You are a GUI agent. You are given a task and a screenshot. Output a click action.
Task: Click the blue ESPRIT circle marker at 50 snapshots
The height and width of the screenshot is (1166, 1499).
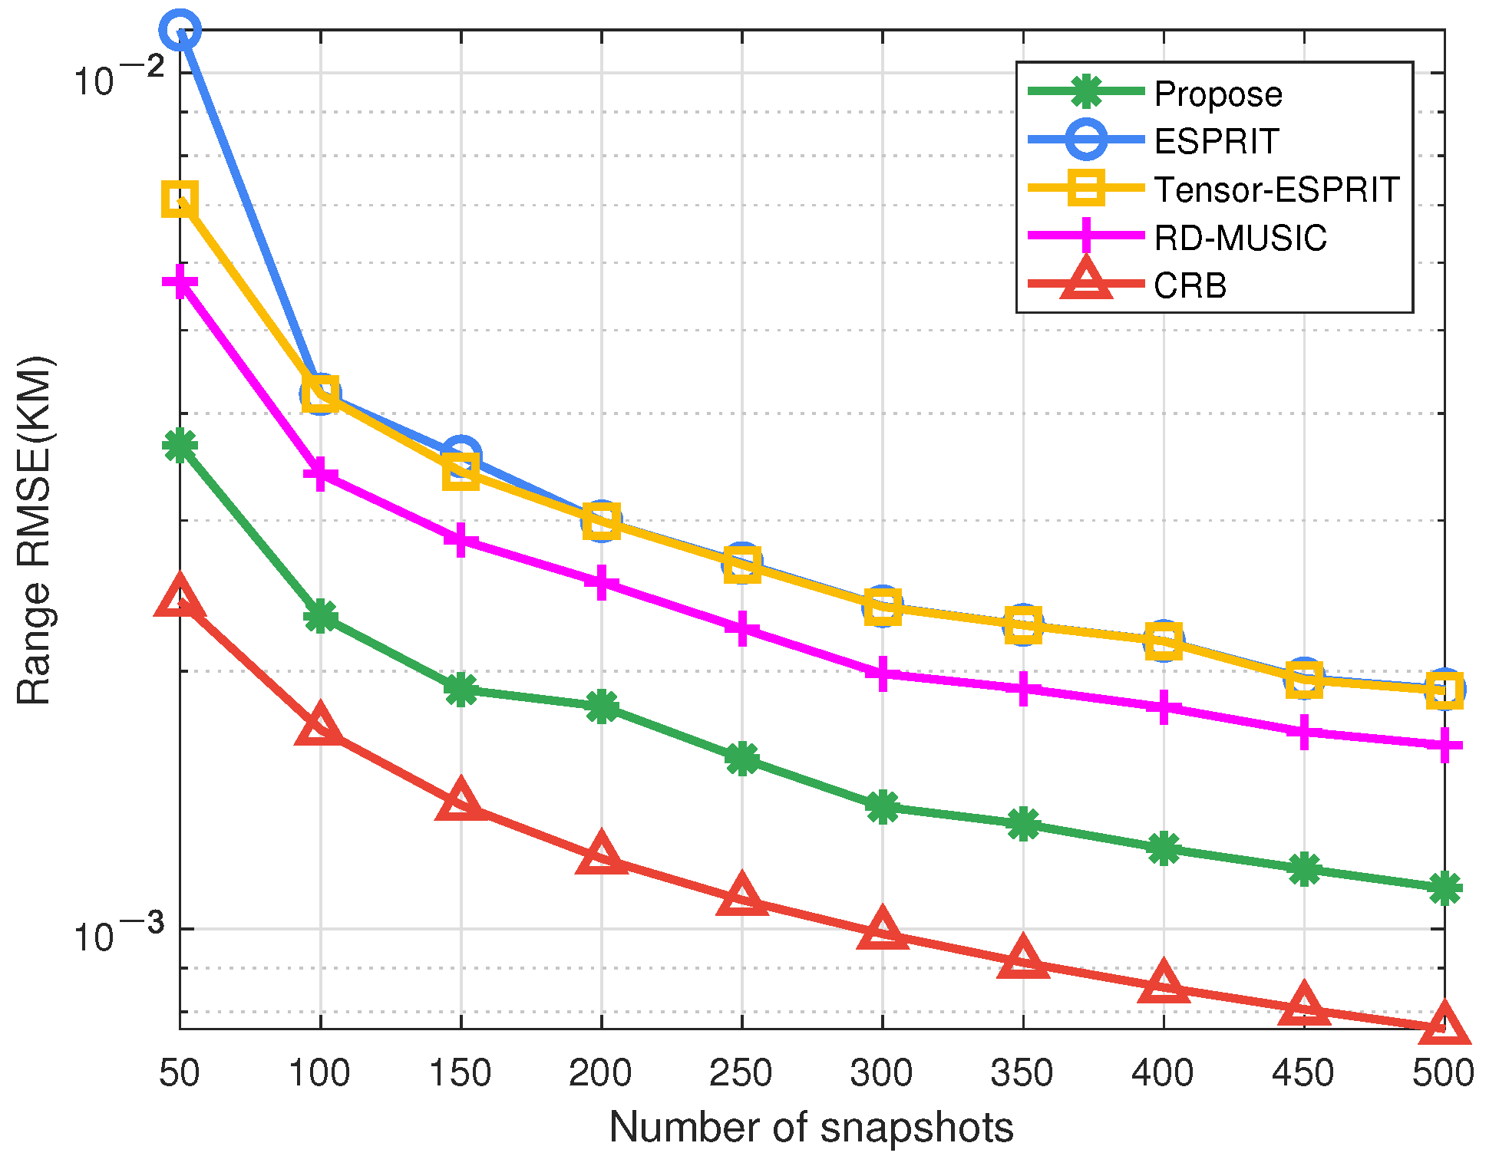click(x=180, y=30)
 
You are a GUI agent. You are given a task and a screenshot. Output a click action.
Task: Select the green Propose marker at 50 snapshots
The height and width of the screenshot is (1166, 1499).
click(x=180, y=445)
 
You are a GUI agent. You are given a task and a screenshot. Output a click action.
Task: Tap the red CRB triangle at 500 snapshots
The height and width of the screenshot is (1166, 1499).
click(x=1445, y=1025)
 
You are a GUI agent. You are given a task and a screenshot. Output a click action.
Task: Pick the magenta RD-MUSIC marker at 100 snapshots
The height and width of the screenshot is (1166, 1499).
click(x=320, y=473)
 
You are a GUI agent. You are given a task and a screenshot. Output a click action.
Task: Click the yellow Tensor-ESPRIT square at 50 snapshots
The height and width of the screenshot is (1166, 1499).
click(x=180, y=199)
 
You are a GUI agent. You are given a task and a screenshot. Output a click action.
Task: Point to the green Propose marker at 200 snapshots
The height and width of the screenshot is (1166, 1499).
click(x=602, y=706)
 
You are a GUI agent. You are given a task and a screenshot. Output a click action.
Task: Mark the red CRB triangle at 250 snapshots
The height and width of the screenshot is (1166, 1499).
click(x=742, y=896)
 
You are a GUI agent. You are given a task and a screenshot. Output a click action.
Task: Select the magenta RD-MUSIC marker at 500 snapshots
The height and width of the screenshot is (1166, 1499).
click(x=1445, y=745)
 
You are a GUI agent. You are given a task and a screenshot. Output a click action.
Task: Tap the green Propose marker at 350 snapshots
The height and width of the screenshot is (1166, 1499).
click(x=1023, y=824)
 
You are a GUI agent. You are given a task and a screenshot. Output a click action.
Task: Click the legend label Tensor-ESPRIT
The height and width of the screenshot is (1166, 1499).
click(x=1276, y=189)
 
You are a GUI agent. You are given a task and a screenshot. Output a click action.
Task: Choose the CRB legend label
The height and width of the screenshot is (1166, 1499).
click(x=1190, y=286)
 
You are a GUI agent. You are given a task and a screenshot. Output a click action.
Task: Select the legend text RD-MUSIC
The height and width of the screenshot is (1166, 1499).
click(x=1240, y=238)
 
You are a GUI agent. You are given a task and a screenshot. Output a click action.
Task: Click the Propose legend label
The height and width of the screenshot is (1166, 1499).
click(x=1218, y=94)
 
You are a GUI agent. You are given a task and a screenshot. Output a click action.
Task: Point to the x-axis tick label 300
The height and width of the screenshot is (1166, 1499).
click(x=882, y=1072)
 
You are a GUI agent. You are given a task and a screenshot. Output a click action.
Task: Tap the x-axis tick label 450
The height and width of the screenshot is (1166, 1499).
click(x=1303, y=1072)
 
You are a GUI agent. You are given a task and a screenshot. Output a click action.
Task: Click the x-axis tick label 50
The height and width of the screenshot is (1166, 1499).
click(x=180, y=1072)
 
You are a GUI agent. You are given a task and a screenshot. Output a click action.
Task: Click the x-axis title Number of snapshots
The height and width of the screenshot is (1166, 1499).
click(x=811, y=1128)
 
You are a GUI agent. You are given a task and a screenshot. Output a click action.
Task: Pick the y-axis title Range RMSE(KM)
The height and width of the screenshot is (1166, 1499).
click(x=35, y=529)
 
